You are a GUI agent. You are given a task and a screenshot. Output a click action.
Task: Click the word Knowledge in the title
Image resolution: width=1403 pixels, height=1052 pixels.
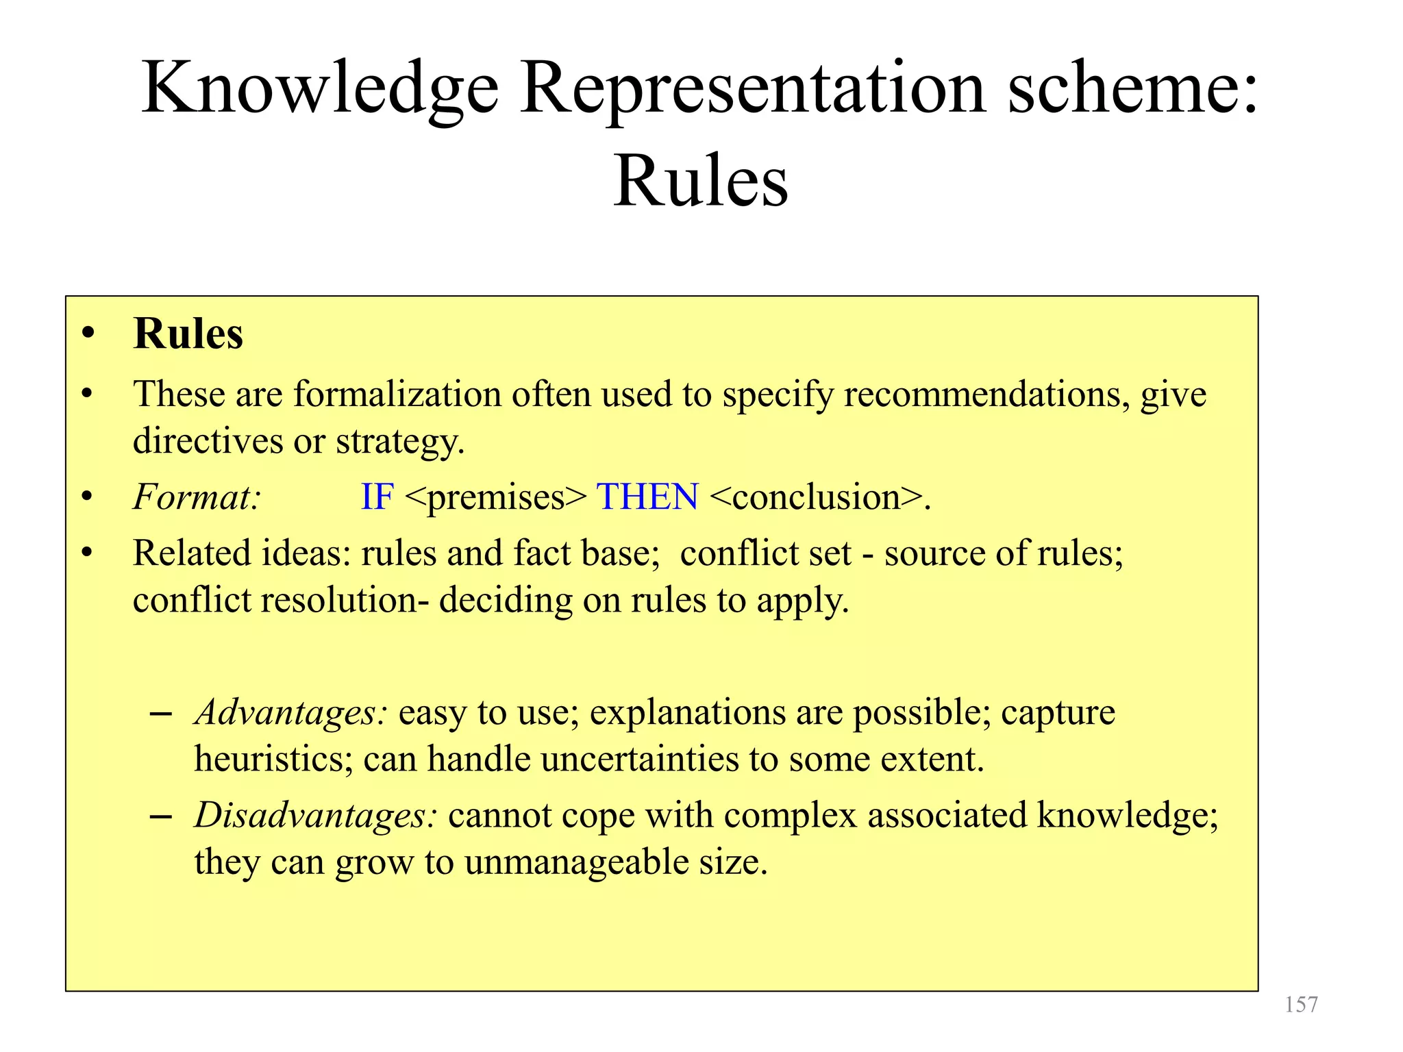(x=320, y=89)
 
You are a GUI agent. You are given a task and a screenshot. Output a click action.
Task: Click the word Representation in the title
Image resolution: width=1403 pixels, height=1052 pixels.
(x=753, y=89)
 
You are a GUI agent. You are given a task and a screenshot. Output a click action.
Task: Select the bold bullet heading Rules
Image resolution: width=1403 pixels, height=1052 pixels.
(x=188, y=334)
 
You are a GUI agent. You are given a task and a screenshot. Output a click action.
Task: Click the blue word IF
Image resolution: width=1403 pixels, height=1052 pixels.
(x=377, y=497)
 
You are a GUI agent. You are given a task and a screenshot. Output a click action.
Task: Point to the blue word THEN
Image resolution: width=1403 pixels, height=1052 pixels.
(x=647, y=497)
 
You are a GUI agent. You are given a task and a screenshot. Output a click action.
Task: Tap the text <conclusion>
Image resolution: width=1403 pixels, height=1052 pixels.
(x=816, y=497)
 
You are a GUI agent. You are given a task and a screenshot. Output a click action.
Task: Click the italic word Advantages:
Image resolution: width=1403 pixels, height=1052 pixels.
(x=291, y=713)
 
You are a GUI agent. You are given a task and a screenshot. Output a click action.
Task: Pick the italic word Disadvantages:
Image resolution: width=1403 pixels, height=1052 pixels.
(x=316, y=816)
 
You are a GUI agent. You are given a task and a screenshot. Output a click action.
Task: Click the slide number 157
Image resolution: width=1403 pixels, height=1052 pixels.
(x=1301, y=1005)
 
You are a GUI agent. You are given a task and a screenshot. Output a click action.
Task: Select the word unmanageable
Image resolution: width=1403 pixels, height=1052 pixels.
(x=575, y=862)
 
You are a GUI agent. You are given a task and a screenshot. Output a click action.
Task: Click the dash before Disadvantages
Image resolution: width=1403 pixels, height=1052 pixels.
(x=160, y=817)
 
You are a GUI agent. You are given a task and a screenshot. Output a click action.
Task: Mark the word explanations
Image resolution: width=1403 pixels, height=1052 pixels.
(x=686, y=713)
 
